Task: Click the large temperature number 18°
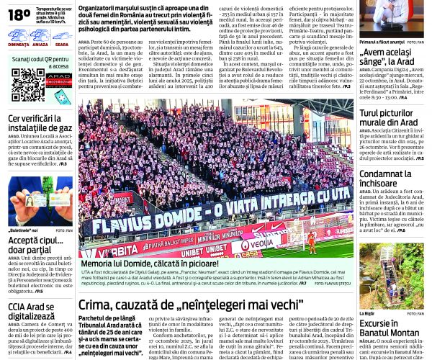19,14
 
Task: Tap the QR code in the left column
27,84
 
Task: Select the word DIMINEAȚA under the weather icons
19,45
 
